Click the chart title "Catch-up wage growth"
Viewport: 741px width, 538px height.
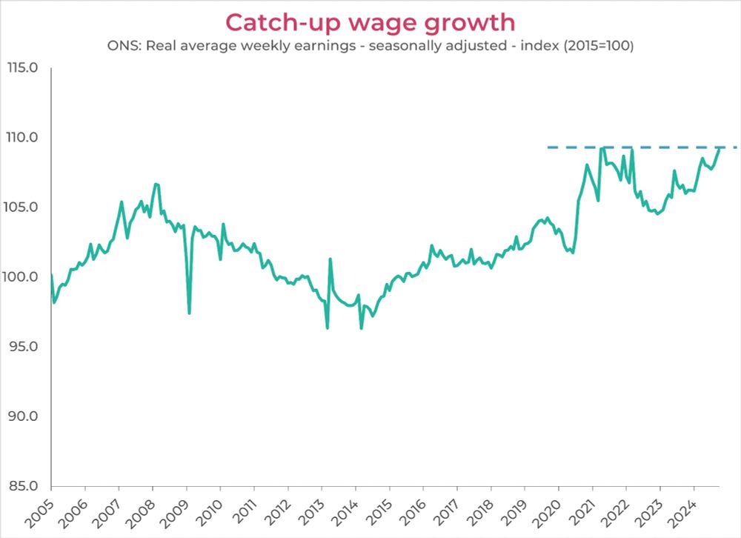click(370, 22)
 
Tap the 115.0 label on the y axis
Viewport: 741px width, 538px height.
click(23, 67)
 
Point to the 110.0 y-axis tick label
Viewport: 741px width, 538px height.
click(23, 137)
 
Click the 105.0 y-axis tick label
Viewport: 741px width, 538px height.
click(23, 207)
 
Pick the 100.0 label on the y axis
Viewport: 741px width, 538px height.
click(23, 276)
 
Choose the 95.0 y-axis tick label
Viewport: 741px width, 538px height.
click(24, 346)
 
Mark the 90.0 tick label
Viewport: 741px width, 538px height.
click(24, 416)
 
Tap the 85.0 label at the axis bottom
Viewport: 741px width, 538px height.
click(24, 485)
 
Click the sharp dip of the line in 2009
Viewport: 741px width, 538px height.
click(189, 313)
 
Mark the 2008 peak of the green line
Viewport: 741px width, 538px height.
click(155, 184)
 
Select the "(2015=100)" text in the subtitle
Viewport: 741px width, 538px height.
click(599, 46)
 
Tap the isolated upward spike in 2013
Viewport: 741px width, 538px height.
click(330, 259)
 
